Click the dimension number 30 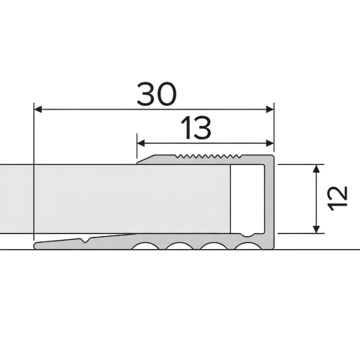(157, 94)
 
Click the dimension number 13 (196, 128)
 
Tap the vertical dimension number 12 (338, 199)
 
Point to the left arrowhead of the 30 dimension (37, 109)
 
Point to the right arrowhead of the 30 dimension (270, 109)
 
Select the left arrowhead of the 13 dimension (141, 143)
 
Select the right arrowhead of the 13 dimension (270, 143)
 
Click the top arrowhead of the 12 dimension (316, 169)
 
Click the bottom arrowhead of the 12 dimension (316, 229)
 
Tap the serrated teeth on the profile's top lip (208, 157)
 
